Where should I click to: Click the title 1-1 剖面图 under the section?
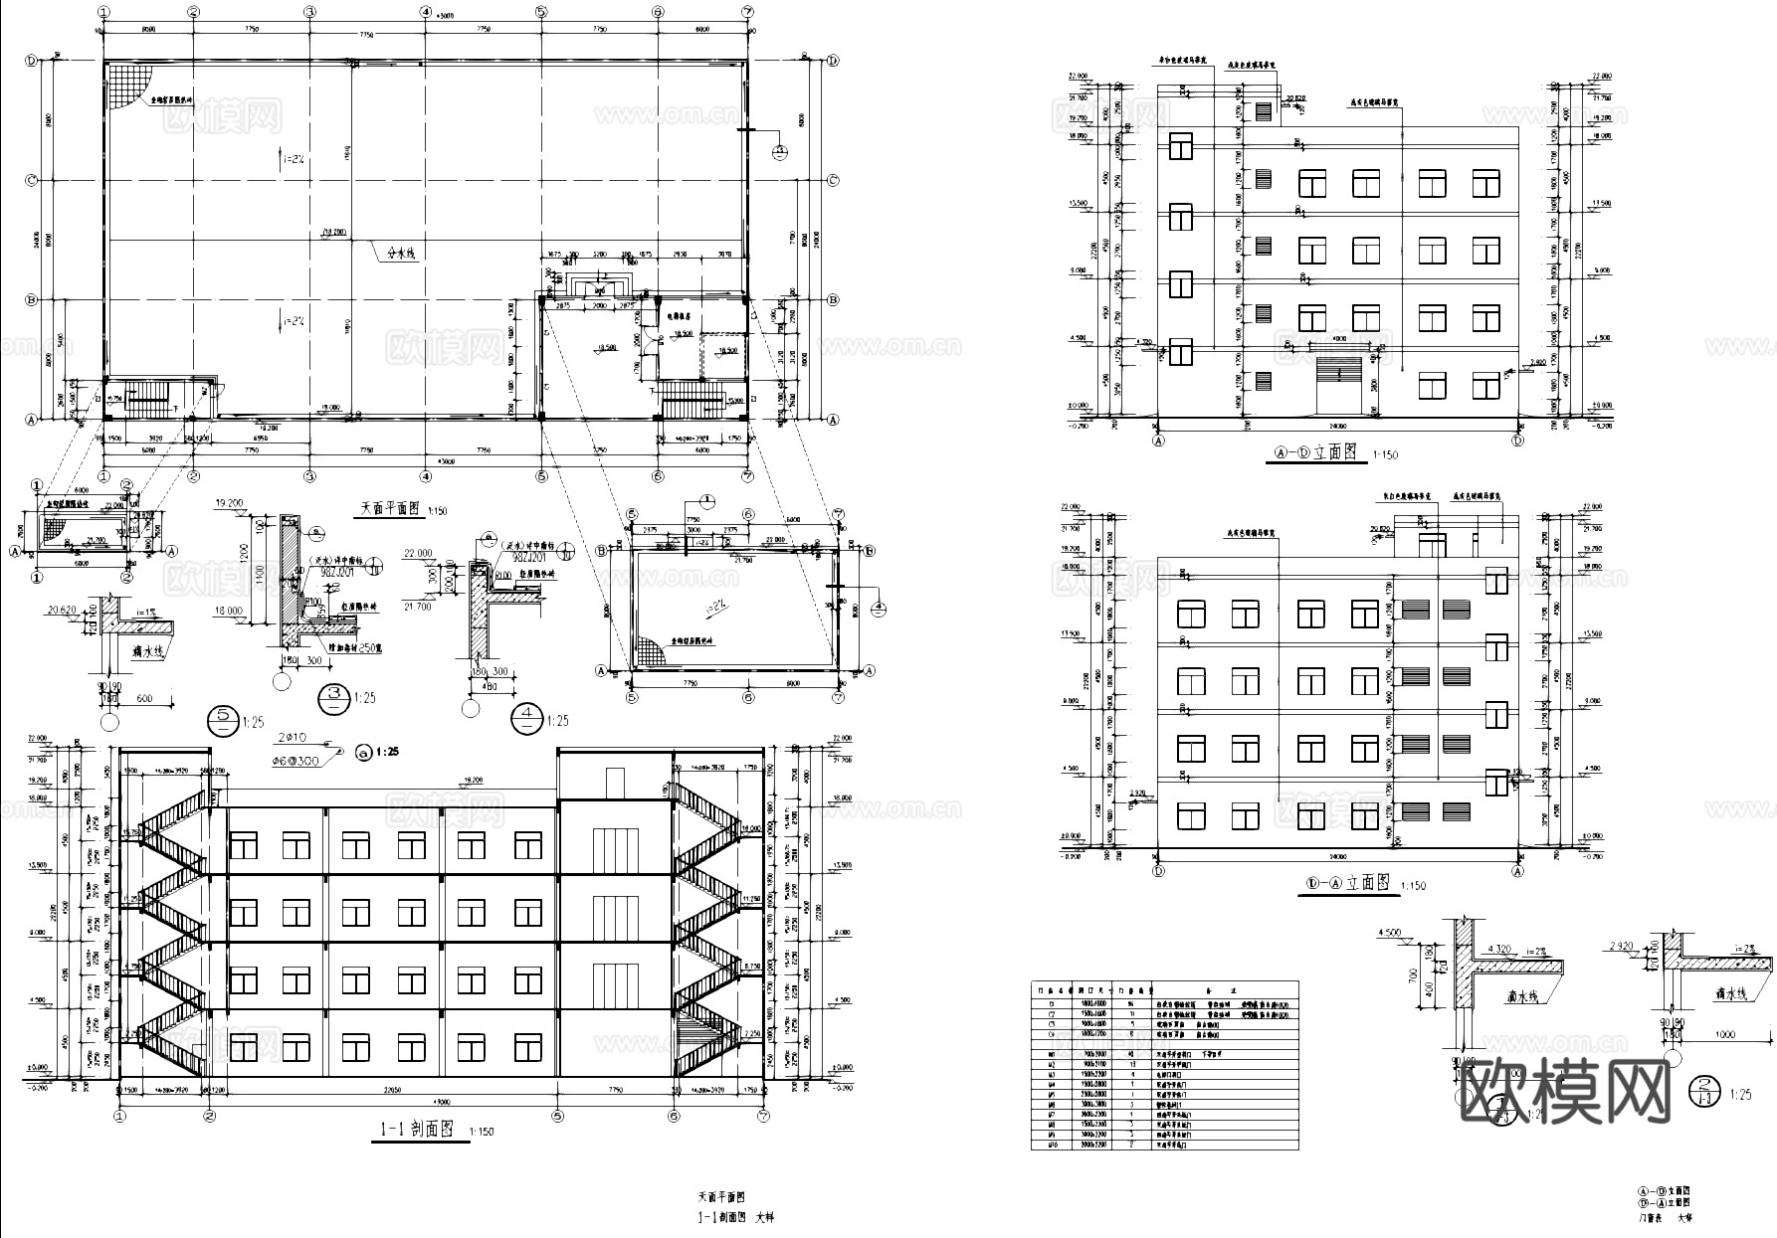pos(418,1130)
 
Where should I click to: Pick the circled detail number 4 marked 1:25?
pos(524,718)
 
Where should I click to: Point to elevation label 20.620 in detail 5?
pos(63,612)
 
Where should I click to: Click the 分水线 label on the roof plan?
pos(402,256)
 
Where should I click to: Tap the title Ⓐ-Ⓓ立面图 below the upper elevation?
pos(1314,452)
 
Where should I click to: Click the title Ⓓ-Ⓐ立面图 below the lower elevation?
pos(1347,883)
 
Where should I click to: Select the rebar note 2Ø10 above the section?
pos(295,738)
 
